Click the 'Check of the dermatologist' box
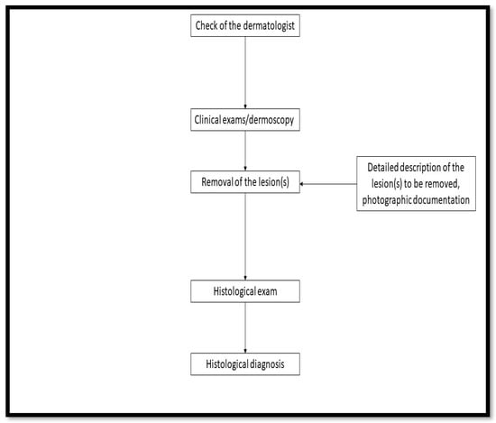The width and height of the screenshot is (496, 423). coord(245,25)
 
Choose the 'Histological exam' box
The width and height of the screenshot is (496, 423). coord(245,292)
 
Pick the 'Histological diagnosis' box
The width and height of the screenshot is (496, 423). coord(245,365)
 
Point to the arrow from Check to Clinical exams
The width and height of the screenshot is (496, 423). coord(245,72)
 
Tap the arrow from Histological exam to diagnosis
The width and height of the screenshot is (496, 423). coord(245,328)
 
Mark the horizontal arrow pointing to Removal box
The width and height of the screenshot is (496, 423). coord(326,184)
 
